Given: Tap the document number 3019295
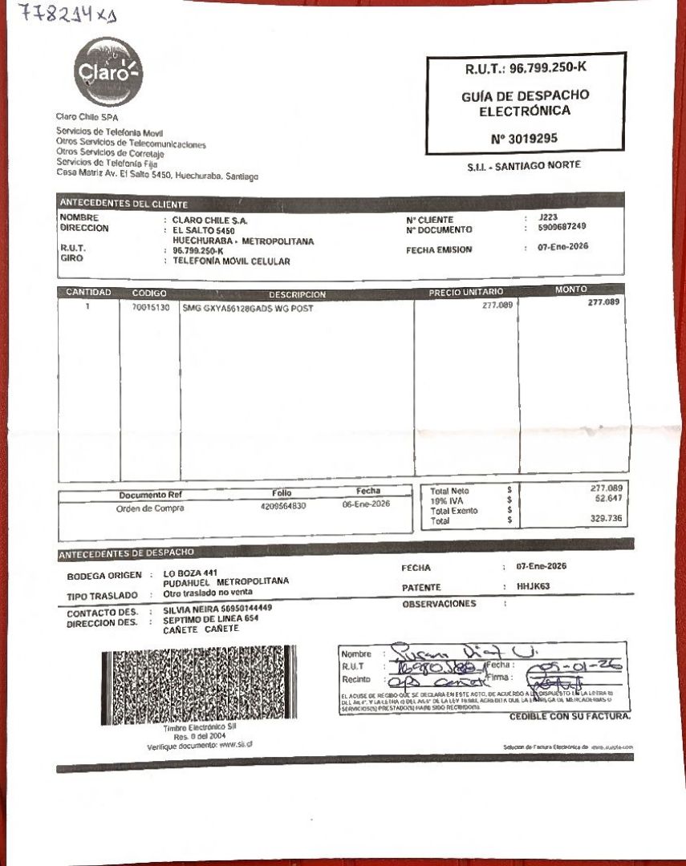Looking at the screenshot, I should click(526, 139).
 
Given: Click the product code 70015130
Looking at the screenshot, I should click(151, 307).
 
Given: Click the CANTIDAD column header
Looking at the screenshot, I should click(88, 292).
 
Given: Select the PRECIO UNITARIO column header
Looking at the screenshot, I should click(466, 292).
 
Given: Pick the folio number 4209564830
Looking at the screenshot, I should click(283, 506).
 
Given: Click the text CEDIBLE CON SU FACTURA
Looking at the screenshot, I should click(570, 716).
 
